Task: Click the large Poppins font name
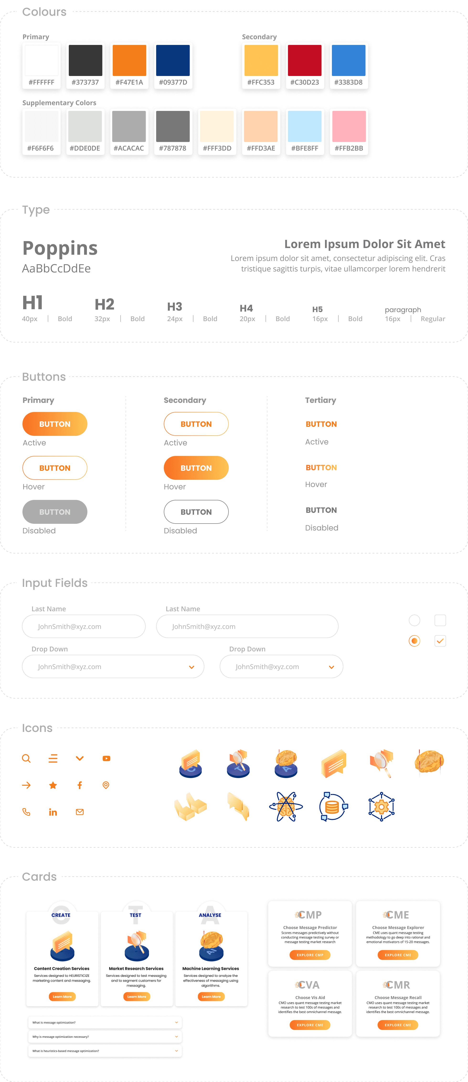pyautogui.click(x=60, y=248)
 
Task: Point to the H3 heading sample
pyautogui.click(x=175, y=307)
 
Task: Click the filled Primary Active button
pyautogui.click(x=55, y=424)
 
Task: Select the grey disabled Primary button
pyautogui.click(x=55, y=512)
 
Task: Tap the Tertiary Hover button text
pyautogui.click(x=321, y=467)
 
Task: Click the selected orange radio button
pyautogui.click(x=414, y=641)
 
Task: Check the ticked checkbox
pyautogui.click(x=440, y=641)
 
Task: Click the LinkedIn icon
pyautogui.click(x=53, y=812)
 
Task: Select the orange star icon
pyautogui.click(x=53, y=785)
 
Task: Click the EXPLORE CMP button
pyautogui.click(x=310, y=955)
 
